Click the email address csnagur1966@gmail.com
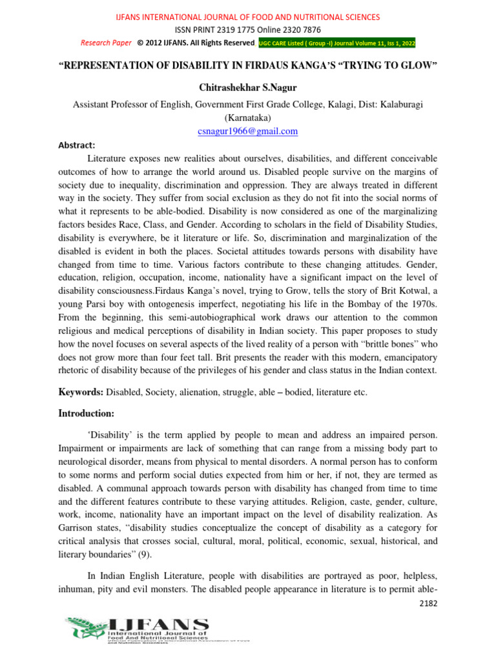coord(247,131)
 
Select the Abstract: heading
coord(77,146)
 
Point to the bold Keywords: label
coord(81,391)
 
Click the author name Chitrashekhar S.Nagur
coord(247,88)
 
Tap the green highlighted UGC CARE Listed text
coord(337,43)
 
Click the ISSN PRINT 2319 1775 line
coord(247,30)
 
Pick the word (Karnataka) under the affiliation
coord(247,117)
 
